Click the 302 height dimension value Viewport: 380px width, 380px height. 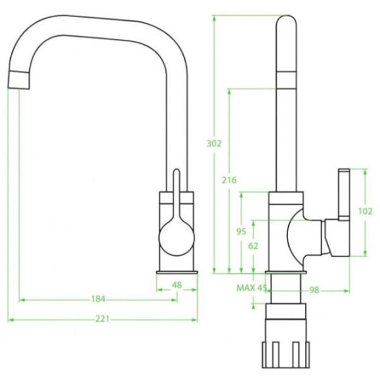[x=214, y=144]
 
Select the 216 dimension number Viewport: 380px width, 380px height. [x=229, y=180]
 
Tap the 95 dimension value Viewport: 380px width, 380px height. [x=241, y=232]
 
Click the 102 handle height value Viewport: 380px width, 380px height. [x=365, y=212]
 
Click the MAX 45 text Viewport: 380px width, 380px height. [x=251, y=288]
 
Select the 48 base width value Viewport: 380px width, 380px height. [x=177, y=286]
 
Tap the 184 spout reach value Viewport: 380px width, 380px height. [x=98, y=299]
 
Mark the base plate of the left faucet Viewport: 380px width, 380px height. [x=178, y=272]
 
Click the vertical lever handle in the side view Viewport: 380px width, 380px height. [x=343, y=194]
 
